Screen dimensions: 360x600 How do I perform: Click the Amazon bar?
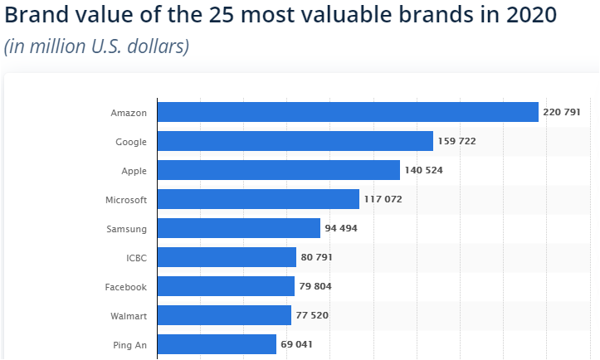(x=348, y=112)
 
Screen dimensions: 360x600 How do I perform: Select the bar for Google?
(x=295, y=141)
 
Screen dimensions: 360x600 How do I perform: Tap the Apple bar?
(x=278, y=170)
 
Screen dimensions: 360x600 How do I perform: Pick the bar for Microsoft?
(x=258, y=199)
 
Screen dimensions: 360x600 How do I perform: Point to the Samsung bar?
(x=238, y=228)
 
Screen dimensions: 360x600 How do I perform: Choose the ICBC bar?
(x=227, y=257)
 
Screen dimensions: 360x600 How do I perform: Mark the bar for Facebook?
(x=226, y=286)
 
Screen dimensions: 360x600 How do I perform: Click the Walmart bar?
(x=224, y=315)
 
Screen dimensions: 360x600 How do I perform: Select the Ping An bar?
(x=217, y=344)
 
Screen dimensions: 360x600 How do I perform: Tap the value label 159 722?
(x=457, y=141)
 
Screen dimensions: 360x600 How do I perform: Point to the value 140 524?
(x=424, y=170)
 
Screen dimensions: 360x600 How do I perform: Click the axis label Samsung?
(x=127, y=228)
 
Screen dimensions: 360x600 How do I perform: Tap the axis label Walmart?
(x=129, y=315)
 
